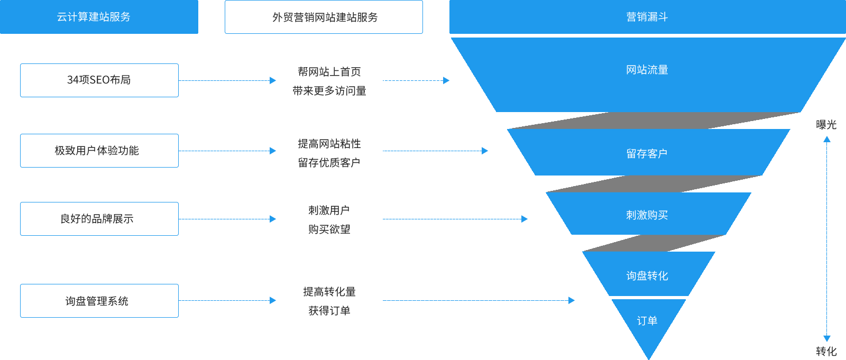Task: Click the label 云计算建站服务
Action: pos(94,17)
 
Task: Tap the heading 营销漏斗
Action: pos(647,17)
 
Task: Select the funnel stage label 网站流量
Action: pos(647,70)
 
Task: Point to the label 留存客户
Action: pos(647,154)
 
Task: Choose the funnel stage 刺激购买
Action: pos(647,215)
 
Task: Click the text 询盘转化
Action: pos(647,276)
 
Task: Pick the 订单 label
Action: pos(647,321)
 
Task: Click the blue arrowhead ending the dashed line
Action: pos(827,338)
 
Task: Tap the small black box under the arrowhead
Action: pos(826,351)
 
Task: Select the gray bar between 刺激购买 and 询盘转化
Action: pos(654,243)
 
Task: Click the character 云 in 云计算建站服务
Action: pos(62,17)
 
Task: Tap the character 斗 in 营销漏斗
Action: pos(663,17)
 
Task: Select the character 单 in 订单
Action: pos(652,321)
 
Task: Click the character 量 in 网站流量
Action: pos(663,70)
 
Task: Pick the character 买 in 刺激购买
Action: pos(663,215)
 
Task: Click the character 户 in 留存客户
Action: pos(663,154)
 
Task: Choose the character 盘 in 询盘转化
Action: pos(642,276)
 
